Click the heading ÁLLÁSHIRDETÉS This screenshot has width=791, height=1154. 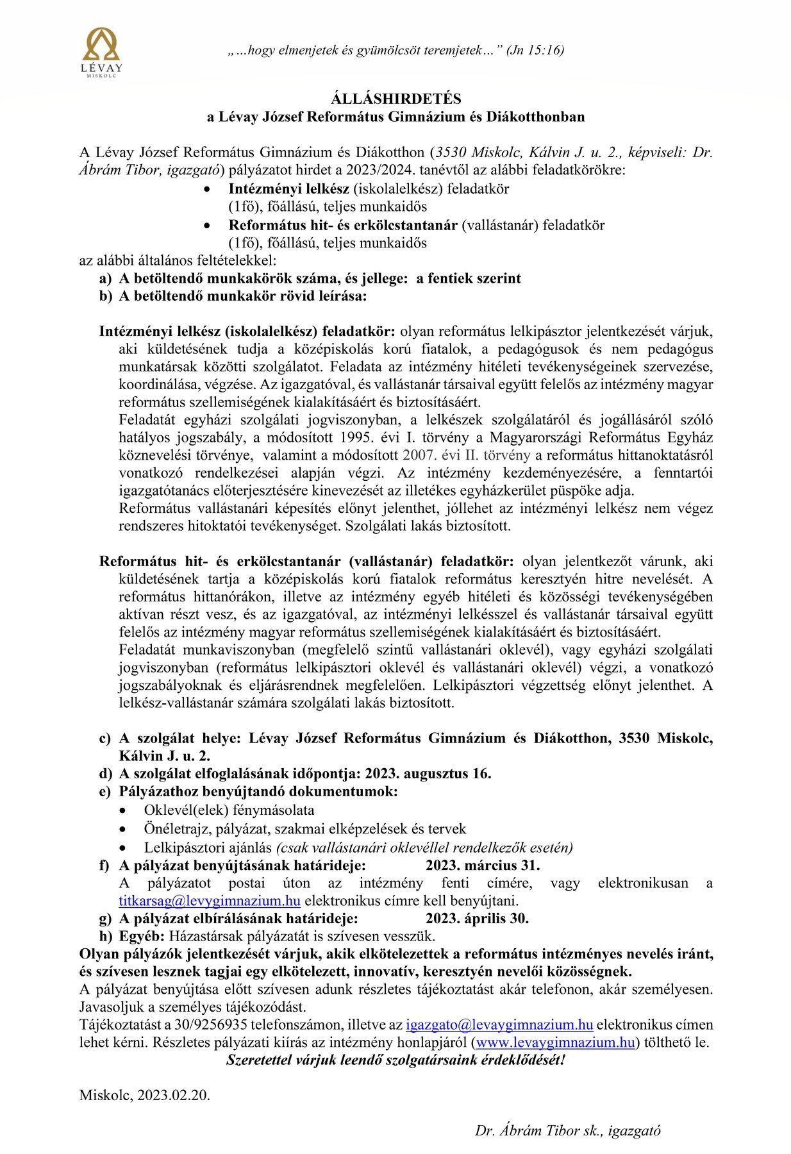pos(395,99)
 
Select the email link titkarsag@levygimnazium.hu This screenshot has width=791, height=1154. pos(210,901)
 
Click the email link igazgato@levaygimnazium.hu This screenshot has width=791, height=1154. pos(499,1025)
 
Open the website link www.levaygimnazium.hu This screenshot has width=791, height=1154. pos(556,1042)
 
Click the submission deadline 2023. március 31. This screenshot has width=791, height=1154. pos(483,865)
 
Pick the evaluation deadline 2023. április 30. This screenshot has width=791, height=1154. pos(477,918)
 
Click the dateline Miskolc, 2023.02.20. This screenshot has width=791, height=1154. pos(145,1095)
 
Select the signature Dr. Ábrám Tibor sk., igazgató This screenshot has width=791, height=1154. pos(567,1130)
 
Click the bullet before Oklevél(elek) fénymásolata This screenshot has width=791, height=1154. pos(131,811)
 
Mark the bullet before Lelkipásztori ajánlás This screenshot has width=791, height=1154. pos(131,848)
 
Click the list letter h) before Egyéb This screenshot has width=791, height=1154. pos(105,936)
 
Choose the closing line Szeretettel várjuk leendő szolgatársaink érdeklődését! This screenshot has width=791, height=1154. pos(395,1060)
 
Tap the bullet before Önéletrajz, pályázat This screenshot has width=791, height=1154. pos(131,830)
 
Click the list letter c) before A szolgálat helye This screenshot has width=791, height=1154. pos(105,739)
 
